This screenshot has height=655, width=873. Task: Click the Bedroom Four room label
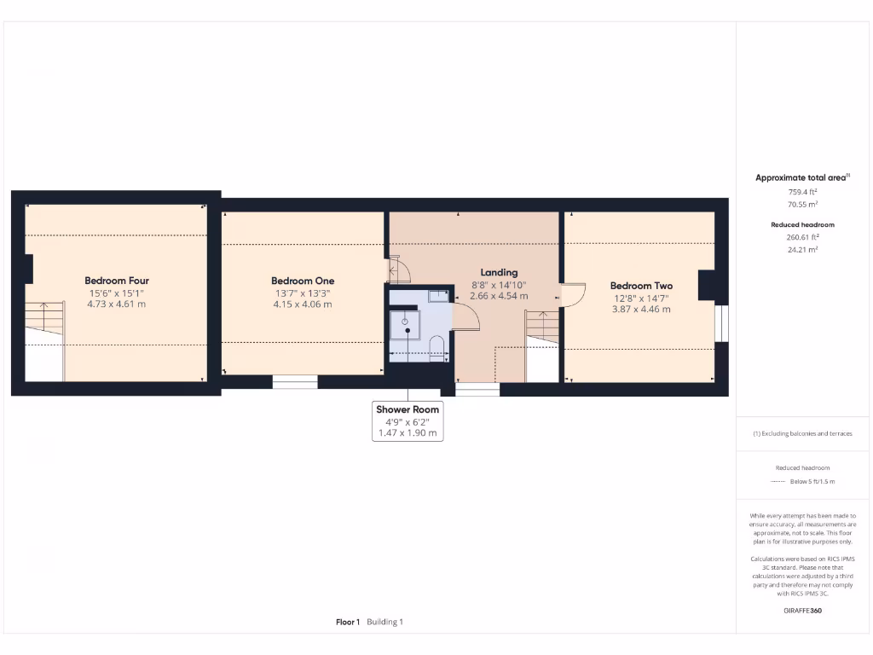pyautogui.click(x=117, y=281)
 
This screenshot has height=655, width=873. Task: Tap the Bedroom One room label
pyautogui.click(x=303, y=281)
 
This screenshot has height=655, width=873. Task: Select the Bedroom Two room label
pyautogui.click(x=641, y=286)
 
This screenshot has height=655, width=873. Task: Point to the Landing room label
pyautogui.click(x=499, y=273)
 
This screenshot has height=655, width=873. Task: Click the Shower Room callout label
pyautogui.click(x=408, y=410)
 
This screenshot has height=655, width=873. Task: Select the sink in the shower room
pyautogui.click(x=438, y=296)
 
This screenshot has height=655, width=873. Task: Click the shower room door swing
pyautogui.click(x=466, y=316)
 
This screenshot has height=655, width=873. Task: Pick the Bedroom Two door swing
pyautogui.click(x=574, y=296)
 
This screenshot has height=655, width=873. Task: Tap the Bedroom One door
pyautogui.click(x=399, y=270)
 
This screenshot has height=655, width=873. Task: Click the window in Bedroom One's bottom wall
pyautogui.click(x=295, y=382)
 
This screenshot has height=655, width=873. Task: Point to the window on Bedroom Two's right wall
pyautogui.click(x=722, y=323)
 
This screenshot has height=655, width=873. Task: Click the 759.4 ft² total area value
pyautogui.click(x=802, y=192)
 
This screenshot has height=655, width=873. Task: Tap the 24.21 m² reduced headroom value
pyautogui.click(x=802, y=250)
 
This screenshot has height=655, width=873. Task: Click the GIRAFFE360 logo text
pyautogui.click(x=802, y=611)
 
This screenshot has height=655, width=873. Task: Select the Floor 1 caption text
pyautogui.click(x=348, y=622)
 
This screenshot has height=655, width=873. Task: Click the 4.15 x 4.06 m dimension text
pyautogui.click(x=303, y=304)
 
